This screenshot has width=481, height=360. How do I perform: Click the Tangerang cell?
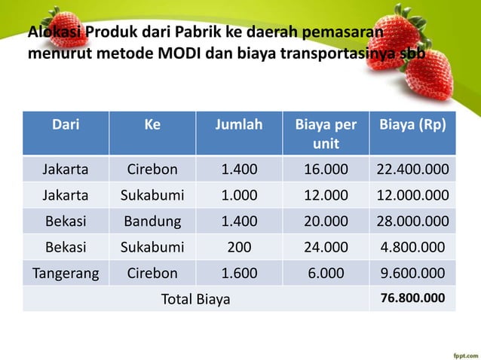[65, 273]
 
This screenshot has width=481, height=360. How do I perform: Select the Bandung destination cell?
[152, 221]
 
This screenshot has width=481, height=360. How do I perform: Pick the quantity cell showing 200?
[239, 247]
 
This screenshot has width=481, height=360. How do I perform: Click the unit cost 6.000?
[326, 273]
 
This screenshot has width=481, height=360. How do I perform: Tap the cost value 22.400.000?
[412, 169]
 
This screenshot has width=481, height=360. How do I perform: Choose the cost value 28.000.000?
[412, 221]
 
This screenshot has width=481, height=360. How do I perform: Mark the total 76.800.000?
[412, 298]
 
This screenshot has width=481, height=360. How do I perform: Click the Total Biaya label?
[196, 299]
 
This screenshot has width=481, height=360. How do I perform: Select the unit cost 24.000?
[326, 247]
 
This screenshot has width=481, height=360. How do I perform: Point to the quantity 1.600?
[239, 273]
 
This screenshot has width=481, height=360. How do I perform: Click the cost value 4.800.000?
[412, 247]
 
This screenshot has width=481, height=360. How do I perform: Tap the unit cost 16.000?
[326, 169]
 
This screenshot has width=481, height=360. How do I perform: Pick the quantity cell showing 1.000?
[239, 196]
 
